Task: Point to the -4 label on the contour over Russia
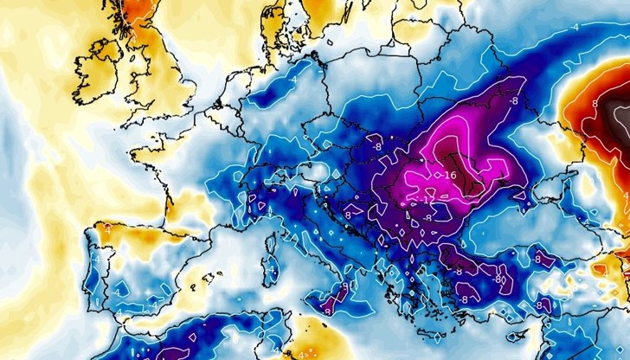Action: pos(574,27)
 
